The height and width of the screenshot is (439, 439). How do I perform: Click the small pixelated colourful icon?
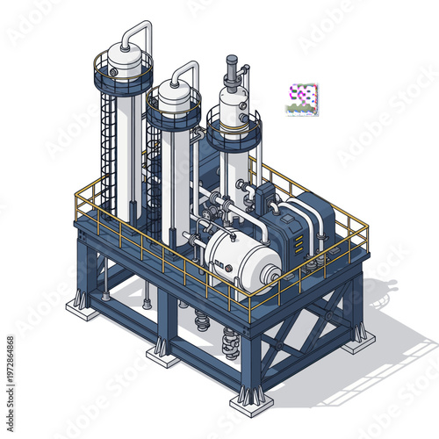coord(303,99)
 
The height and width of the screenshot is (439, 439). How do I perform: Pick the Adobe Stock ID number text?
coord(11,370)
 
